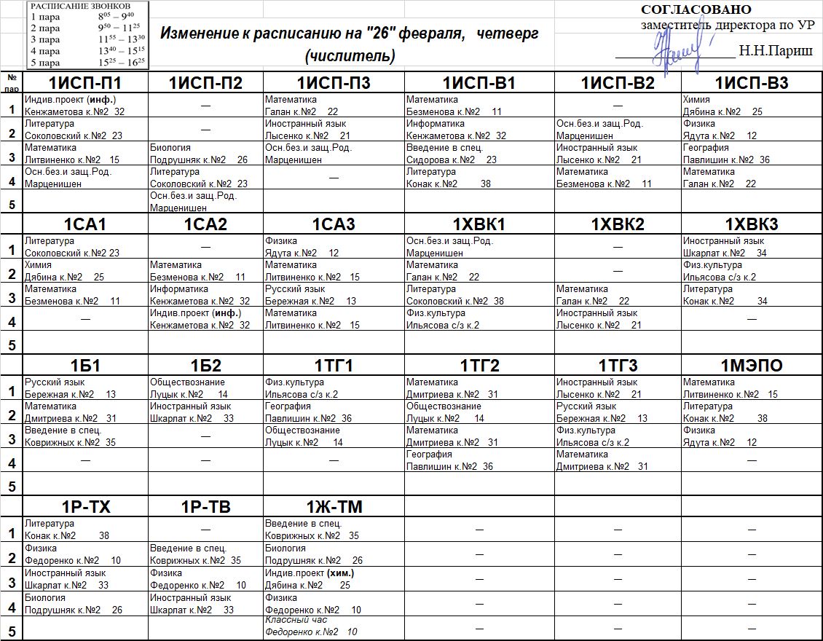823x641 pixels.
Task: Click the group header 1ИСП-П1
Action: click(x=85, y=83)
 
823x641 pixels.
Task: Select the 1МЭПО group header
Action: click(x=752, y=366)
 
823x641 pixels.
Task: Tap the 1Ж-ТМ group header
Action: click(x=334, y=507)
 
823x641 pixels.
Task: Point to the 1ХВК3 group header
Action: click(x=752, y=224)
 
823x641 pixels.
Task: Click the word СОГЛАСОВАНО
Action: click(x=696, y=9)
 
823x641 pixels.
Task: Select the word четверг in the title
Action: click(x=513, y=34)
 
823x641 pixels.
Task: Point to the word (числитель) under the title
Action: click(x=350, y=55)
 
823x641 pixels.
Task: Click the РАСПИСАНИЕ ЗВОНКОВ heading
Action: click(x=80, y=6)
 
